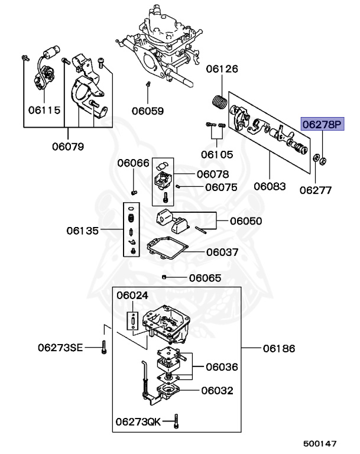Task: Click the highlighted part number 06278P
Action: (322, 125)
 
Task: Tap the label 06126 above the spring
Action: (222, 69)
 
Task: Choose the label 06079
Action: (67, 146)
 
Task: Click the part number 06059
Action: (148, 110)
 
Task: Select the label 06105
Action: (216, 154)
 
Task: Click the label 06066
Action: (133, 163)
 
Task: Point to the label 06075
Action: (221, 187)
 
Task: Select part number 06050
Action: (246, 221)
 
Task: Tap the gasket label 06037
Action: (222, 252)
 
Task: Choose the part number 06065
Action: (205, 278)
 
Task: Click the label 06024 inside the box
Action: (133, 294)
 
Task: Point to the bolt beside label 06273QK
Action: (178, 421)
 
